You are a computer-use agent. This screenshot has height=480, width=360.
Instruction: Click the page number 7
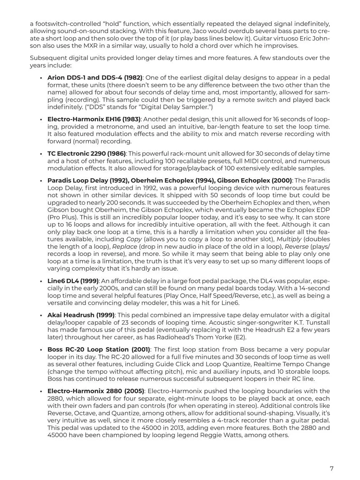click(332, 469)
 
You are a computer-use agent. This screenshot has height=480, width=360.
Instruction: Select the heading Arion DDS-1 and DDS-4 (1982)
click(95, 78)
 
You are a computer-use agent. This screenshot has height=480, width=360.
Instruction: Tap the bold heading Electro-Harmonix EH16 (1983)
click(94, 120)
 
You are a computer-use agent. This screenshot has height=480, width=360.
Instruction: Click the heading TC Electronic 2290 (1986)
click(87, 154)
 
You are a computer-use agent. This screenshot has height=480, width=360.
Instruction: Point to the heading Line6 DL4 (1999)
click(73, 281)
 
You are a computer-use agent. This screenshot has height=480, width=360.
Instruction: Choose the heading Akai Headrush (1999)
click(81, 315)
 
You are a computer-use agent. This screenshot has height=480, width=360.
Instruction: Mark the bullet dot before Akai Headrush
click(41, 315)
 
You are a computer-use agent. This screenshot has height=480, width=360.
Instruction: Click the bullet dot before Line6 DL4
click(41, 281)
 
